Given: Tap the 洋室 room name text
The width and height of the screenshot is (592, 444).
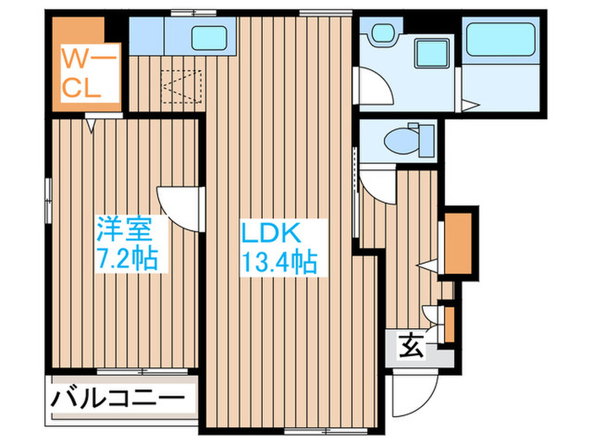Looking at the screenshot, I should pos(124,228).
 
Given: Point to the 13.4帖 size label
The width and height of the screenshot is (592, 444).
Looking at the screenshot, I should pos(280,261).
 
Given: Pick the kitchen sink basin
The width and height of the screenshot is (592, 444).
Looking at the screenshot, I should pos(208,38).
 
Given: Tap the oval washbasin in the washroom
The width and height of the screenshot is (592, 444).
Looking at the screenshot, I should pos(380,34).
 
